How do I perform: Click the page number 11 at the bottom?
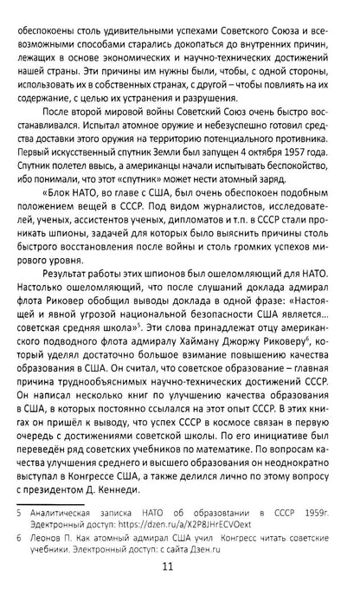coord(180,571)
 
